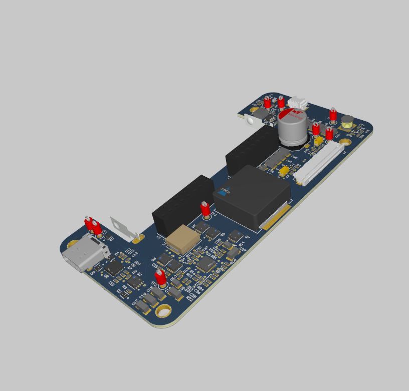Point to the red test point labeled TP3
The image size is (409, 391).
coord(204,208)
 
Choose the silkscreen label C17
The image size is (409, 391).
coord(134,302)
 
